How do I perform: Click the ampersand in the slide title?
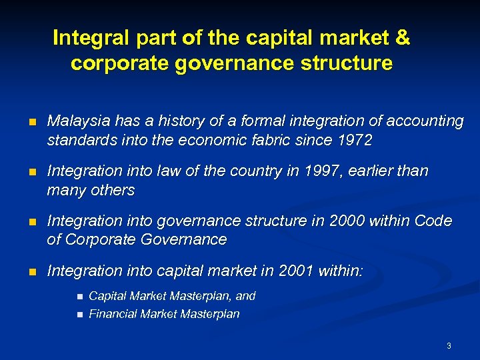coord(402,38)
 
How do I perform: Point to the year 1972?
coord(355,140)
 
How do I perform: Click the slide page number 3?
coord(449,346)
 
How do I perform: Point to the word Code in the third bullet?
coord(433,221)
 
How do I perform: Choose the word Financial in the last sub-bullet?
coord(111,314)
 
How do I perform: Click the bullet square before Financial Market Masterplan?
coord(79,315)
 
